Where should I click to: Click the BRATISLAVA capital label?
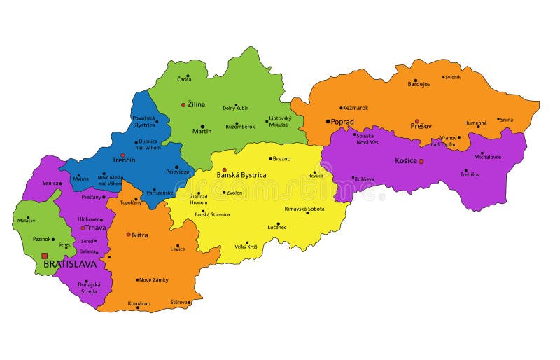click(x=69, y=264)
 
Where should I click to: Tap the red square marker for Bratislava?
click(x=45, y=256)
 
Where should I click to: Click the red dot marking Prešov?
click(x=416, y=121)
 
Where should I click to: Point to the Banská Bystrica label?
click(x=241, y=174)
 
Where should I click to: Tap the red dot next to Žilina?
click(x=183, y=105)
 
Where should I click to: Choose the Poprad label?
click(x=342, y=121)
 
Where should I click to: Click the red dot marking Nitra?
click(x=128, y=235)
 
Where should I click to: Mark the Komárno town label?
click(x=139, y=303)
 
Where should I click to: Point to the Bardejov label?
click(x=419, y=84)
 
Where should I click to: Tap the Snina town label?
click(x=506, y=120)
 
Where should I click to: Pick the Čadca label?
click(x=184, y=79)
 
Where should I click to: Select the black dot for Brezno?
click(x=270, y=158)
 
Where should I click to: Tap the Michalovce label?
click(x=487, y=157)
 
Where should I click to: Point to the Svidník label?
click(x=451, y=77)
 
